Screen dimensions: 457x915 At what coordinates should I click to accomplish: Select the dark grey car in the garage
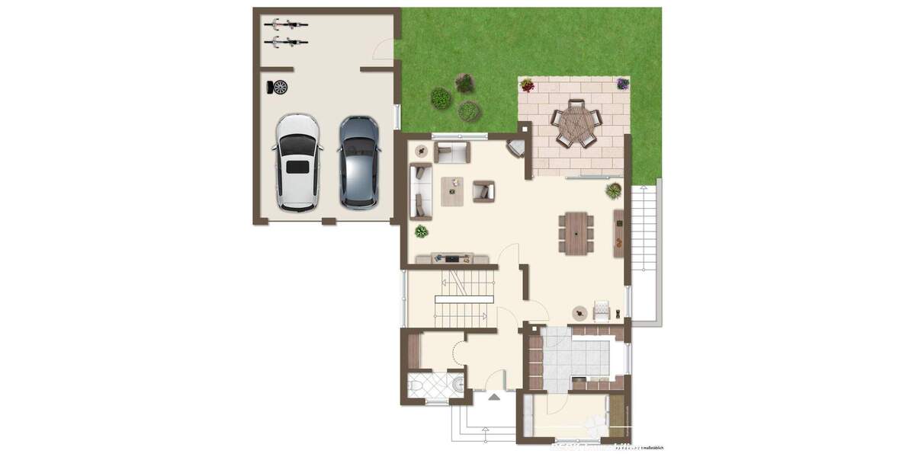[359, 161]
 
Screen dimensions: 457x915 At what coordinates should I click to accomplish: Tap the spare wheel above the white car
[280, 87]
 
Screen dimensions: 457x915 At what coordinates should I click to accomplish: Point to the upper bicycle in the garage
[286, 24]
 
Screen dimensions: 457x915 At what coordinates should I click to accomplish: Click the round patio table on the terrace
[577, 125]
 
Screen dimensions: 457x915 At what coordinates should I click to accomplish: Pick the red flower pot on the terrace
[527, 85]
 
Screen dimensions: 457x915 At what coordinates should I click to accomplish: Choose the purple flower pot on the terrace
[623, 84]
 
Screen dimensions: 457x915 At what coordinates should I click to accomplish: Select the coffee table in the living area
[452, 191]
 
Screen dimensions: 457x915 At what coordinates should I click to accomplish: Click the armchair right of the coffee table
[483, 190]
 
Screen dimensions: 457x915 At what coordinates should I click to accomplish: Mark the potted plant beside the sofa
[421, 231]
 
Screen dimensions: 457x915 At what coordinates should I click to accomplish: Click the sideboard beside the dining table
[618, 232]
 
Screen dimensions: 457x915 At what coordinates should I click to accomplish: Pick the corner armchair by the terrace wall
[516, 148]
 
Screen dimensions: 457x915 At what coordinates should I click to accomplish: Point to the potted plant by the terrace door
[613, 190]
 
